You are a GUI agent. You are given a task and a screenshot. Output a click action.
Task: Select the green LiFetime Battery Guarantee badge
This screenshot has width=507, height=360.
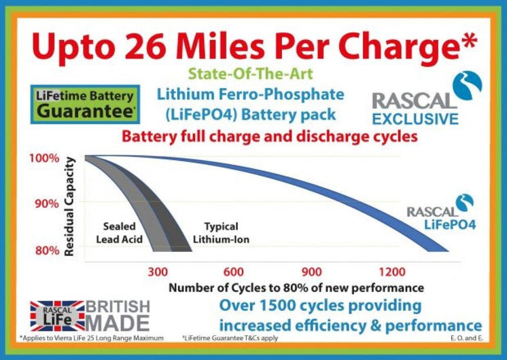point(86,105)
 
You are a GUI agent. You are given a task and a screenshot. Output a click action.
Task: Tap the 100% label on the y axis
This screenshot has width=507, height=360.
point(46,158)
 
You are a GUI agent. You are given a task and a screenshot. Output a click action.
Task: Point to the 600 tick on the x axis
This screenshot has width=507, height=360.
point(232,272)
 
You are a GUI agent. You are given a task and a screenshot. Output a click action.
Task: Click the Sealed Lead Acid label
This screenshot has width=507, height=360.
point(122,232)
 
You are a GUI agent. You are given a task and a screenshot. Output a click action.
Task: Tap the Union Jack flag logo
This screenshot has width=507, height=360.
point(57,314)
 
